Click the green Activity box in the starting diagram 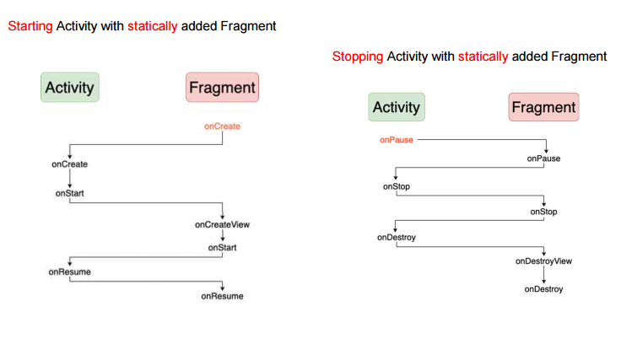click(70, 88)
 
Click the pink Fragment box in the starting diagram click(222, 88)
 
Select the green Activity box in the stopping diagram click(396, 107)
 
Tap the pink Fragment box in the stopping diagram click(543, 107)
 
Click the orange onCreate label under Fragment click(222, 126)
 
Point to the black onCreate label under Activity click(69, 164)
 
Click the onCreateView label click(222, 224)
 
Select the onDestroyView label click(543, 261)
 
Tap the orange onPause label click(396, 140)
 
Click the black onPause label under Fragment click(543, 158)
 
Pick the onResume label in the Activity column click(69, 271)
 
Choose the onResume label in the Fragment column click(222, 296)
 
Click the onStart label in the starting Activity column click(69, 193)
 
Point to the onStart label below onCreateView click(222, 248)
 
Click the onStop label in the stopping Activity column click(396, 186)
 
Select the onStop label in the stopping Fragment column click(543, 212)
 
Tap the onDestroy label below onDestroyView click(543, 289)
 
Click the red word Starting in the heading click(30, 26)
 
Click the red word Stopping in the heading click(358, 57)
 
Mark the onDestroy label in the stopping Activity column click(396, 238)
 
